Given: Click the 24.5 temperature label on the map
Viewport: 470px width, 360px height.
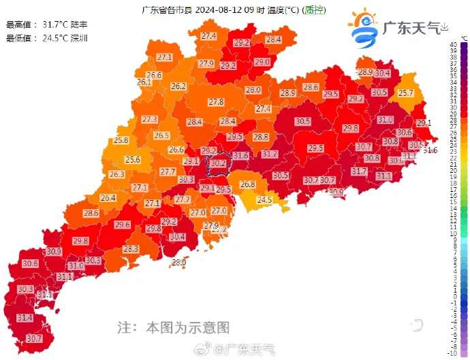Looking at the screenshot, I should [x=264, y=200].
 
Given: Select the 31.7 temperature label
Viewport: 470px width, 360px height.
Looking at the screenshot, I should [x=359, y=171].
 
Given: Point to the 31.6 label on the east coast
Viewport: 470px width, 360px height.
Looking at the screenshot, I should [x=430, y=150].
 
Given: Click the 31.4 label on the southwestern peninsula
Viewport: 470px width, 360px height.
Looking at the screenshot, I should [x=25, y=318].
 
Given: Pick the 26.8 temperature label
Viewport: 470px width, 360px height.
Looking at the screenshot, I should [x=247, y=184].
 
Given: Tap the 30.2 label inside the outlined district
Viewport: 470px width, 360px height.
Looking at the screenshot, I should [x=218, y=163].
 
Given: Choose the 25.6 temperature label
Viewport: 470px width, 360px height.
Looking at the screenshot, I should [x=132, y=160].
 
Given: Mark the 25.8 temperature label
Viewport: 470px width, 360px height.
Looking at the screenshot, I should [x=121, y=140].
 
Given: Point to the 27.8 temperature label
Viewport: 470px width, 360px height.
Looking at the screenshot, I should [x=216, y=102].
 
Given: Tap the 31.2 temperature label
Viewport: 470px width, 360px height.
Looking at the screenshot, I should [x=270, y=154].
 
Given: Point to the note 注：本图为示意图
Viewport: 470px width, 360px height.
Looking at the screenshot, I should [x=174, y=327].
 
